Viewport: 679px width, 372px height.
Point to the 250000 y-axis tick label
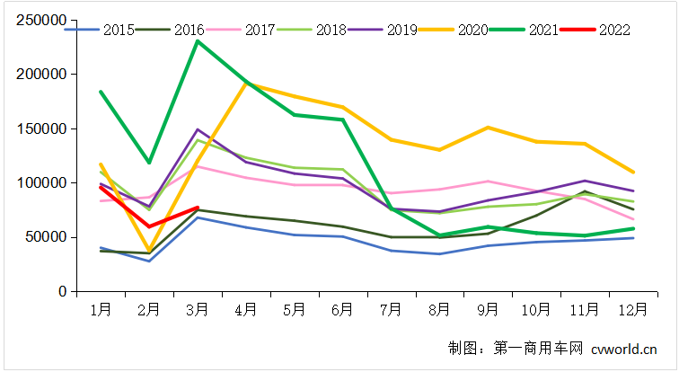[41, 20]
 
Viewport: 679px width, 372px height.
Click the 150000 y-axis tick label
[41, 128]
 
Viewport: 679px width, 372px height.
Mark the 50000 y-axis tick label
[45, 237]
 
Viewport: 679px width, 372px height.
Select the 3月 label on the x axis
[198, 310]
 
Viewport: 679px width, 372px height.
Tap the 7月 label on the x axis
[392, 310]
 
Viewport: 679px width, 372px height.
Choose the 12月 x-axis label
[634, 310]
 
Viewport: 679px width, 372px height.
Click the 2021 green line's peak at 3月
[198, 41]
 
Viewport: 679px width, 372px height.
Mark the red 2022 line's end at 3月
[198, 208]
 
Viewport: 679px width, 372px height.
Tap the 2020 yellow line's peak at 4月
[246, 84]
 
